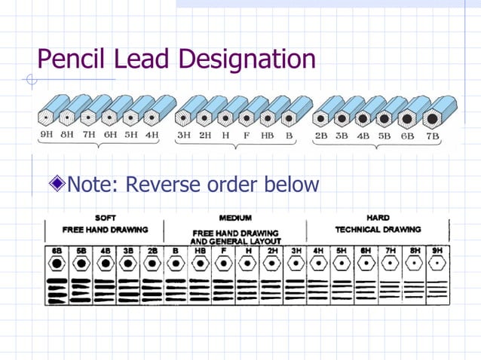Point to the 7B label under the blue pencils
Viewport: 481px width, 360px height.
pos(432,136)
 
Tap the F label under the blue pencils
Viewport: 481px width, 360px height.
pos(246,136)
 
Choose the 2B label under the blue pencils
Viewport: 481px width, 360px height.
pos(321,136)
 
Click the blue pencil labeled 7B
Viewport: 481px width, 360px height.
pos(436,114)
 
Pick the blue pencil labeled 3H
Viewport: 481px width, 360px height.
pos(183,114)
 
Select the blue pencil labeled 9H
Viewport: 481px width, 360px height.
pos(49,114)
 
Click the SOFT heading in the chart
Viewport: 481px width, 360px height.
pos(105,218)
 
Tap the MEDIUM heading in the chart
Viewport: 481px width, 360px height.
pos(235,218)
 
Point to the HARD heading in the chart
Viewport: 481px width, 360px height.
pos(377,218)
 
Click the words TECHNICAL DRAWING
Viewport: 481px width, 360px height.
pos(377,229)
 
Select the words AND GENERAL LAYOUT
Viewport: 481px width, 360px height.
pos(235,241)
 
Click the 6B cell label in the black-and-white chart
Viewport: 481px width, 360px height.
pos(57,249)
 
